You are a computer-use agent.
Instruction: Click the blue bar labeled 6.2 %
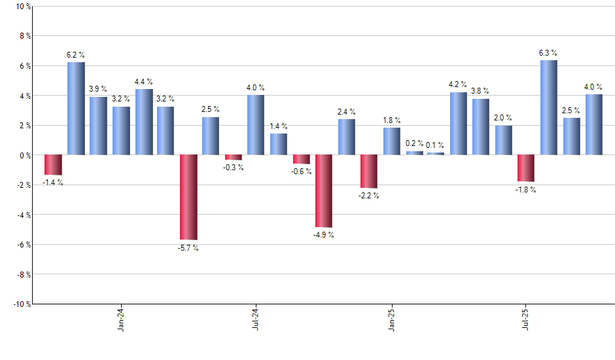click(x=76, y=109)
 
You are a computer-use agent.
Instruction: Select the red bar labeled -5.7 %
click(x=188, y=197)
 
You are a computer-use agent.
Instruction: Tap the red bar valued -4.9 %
click(x=324, y=191)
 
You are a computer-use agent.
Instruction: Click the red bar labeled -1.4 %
click(x=53, y=165)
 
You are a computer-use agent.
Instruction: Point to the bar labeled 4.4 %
click(x=144, y=122)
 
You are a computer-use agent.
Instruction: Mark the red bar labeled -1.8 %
click(x=526, y=168)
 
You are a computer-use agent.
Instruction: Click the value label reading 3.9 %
click(x=98, y=88)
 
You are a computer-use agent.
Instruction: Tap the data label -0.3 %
click(x=234, y=168)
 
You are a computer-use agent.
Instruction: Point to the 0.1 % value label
click(x=435, y=145)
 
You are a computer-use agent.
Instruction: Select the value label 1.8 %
click(x=392, y=120)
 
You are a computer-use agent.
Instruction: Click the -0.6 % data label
click(x=302, y=171)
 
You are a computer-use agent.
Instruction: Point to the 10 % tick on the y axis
click(x=23, y=7)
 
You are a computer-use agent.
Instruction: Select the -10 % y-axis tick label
click(x=22, y=304)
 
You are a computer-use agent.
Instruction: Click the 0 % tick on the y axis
click(x=25, y=155)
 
